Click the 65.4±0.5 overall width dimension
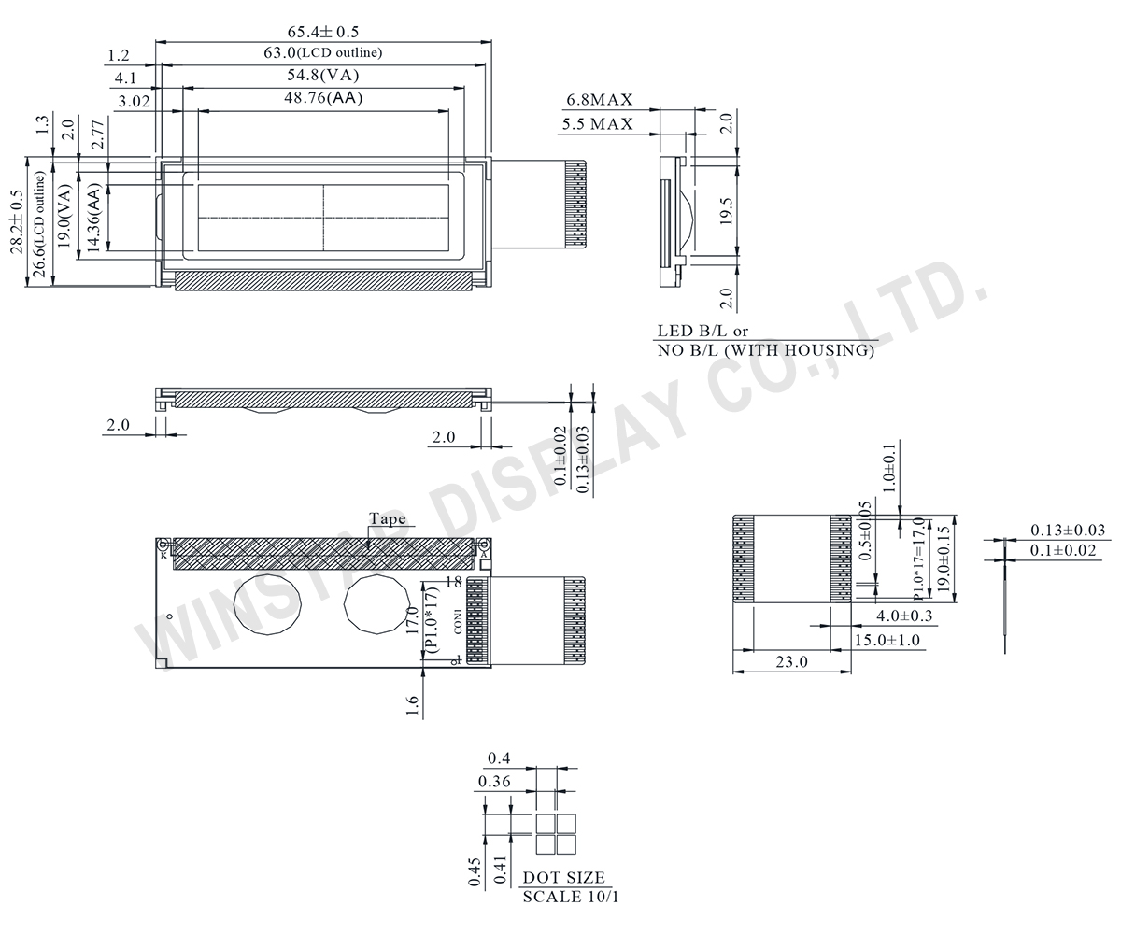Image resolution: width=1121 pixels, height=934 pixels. [x=323, y=32]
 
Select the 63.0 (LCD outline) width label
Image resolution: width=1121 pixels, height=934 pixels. [x=322, y=53]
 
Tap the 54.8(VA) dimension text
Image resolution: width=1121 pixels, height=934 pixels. [x=323, y=76]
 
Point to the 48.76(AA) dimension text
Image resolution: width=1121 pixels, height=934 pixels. [x=323, y=97]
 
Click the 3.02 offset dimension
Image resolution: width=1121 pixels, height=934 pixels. [x=135, y=102]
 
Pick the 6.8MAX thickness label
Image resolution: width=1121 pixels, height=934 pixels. [x=599, y=100]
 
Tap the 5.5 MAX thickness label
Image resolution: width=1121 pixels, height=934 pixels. [x=598, y=123]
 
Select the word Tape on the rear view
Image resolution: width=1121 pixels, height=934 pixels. [x=387, y=519]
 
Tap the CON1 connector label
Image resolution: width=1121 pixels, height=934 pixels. [x=458, y=621]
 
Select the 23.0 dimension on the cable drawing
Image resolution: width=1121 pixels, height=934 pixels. [x=790, y=661]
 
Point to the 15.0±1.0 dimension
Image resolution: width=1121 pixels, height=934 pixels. [x=887, y=640]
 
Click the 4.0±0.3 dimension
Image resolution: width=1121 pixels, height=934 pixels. [x=904, y=616]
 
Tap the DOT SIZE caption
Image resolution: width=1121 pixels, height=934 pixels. [x=563, y=878]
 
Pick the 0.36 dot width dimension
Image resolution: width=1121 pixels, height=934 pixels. [x=494, y=782]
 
